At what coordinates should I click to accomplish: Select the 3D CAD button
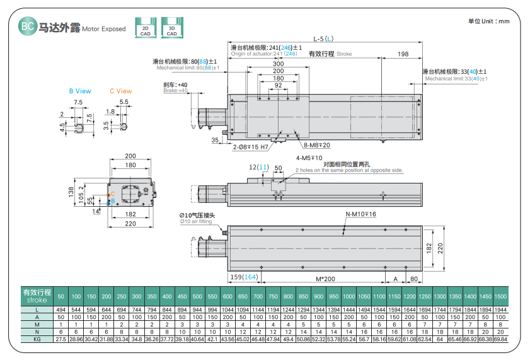(x=171, y=28)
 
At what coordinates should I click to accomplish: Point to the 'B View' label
(x=80, y=91)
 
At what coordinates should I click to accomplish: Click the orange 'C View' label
(x=121, y=91)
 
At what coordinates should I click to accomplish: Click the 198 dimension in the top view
(x=403, y=54)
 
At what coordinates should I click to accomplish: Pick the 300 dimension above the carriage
(x=278, y=64)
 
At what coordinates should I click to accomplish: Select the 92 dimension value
(x=278, y=85)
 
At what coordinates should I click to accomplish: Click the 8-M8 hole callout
(x=317, y=146)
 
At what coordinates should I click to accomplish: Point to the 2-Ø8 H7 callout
(x=251, y=147)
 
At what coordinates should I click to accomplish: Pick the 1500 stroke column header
(x=500, y=296)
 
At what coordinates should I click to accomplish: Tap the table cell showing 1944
(x=500, y=310)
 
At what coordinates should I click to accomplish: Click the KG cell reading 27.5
(x=61, y=339)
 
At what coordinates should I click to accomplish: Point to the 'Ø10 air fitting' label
(x=198, y=221)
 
